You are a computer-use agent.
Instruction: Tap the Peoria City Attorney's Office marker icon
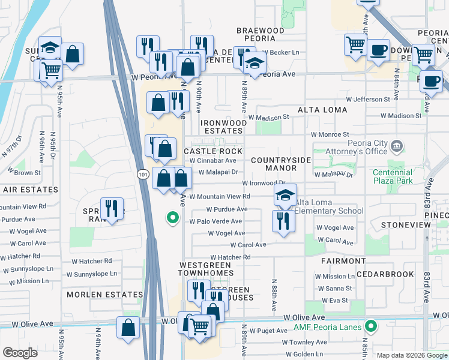(x=396, y=146)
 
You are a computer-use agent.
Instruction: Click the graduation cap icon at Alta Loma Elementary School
(x=285, y=194)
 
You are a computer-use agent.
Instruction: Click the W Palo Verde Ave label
(x=215, y=221)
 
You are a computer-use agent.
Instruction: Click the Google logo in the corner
(x=20, y=353)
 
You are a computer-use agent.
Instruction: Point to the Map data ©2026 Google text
(x=411, y=355)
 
